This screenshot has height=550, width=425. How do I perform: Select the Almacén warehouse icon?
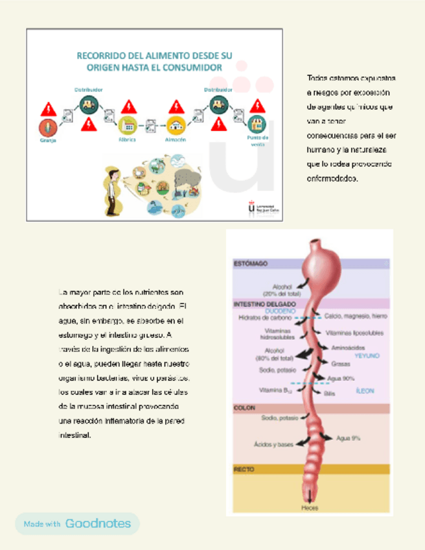coord(175,124)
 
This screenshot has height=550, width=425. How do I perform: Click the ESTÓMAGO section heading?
coord(251,264)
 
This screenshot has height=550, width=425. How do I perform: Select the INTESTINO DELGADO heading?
coord(264,304)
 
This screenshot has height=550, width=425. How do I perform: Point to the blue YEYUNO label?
coord(367,356)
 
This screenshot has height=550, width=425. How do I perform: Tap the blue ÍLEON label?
coord(365,391)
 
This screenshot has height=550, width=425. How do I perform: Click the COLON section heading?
coord(244,408)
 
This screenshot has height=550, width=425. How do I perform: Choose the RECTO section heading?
coord(244,468)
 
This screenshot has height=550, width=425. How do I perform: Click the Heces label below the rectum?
coord(310,508)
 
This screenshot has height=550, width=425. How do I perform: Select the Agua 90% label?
coord(341,378)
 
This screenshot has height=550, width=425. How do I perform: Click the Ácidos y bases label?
coord(273,444)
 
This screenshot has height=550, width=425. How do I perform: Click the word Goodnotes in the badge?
coord(98,523)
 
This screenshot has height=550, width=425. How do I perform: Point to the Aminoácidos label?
coord(345,348)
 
